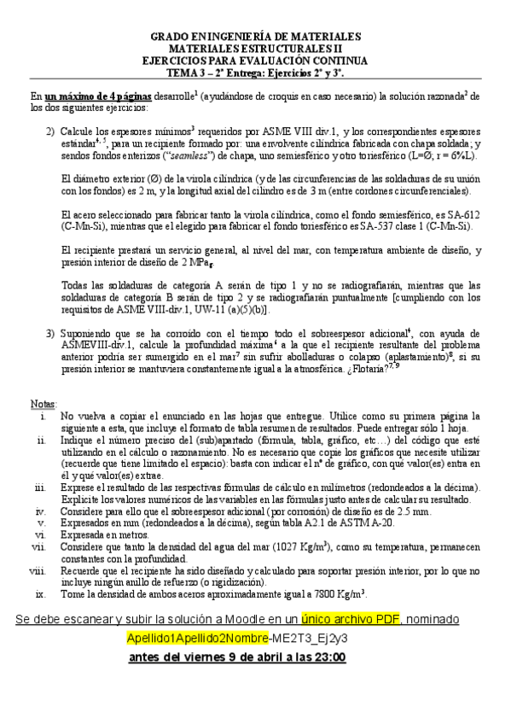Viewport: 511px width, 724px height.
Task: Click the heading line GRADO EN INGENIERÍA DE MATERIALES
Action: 255,37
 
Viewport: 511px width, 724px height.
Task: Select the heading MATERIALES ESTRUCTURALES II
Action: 255,49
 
